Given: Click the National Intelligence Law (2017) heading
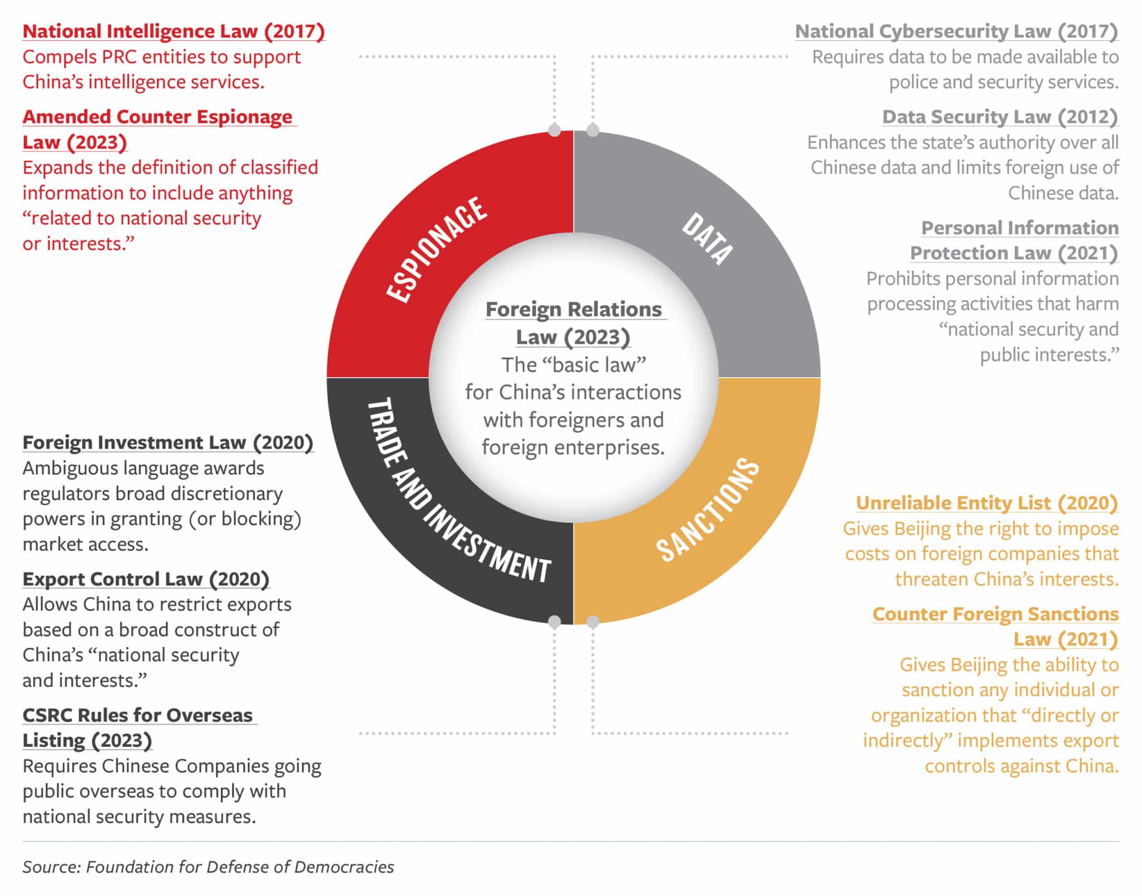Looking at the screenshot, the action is [x=173, y=32].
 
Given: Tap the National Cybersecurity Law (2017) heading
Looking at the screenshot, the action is [x=957, y=32].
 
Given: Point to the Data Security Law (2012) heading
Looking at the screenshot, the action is [x=1000, y=117].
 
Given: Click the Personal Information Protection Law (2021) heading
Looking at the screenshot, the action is [x=1014, y=240].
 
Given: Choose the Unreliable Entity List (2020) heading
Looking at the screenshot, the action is [x=987, y=503].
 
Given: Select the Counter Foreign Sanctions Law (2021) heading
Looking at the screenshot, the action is [x=996, y=627].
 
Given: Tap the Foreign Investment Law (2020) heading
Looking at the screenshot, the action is [x=168, y=442].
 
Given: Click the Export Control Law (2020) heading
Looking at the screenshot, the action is [x=146, y=579].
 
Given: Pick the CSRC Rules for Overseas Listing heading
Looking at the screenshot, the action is [x=139, y=728].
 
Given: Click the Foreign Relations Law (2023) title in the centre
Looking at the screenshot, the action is [x=574, y=323].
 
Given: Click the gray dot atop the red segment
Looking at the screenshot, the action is [x=554, y=130].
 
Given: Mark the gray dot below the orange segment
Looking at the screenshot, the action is [x=593, y=622].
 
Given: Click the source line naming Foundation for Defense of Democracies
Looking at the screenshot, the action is [x=208, y=867].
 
